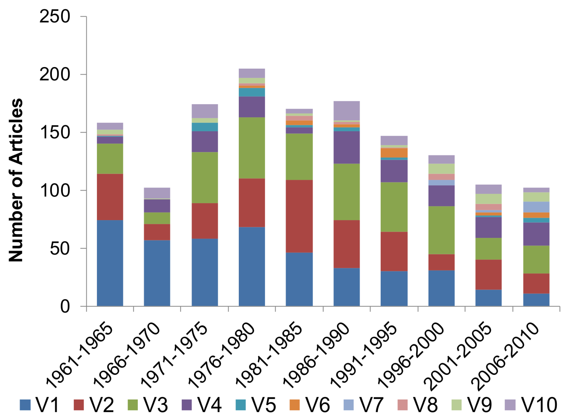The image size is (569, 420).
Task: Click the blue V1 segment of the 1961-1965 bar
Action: tap(110, 263)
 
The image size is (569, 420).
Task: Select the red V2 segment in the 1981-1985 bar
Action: tap(299, 216)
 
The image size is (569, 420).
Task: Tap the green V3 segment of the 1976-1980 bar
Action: tap(252, 148)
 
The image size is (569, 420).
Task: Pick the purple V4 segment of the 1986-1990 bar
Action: tap(347, 147)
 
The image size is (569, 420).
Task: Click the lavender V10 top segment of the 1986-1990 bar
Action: tap(347, 110)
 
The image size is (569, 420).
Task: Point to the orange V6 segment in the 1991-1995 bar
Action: tap(394, 152)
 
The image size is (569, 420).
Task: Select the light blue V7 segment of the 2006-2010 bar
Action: tap(536, 207)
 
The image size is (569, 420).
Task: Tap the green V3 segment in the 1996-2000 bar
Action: tap(441, 230)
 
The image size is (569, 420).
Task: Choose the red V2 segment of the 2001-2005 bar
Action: tap(488, 274)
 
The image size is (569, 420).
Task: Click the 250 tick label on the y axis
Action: tap(55, 16)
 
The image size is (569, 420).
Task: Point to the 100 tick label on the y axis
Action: tap(55, 190)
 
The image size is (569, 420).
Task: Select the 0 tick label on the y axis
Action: tap(65, 306)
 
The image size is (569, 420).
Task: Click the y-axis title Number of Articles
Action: tap(16, 180)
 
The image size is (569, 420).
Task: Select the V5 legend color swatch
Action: tap(241, 405)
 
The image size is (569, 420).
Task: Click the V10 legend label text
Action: tap(539, 405)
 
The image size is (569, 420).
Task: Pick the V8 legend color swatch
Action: tap(403, 405)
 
